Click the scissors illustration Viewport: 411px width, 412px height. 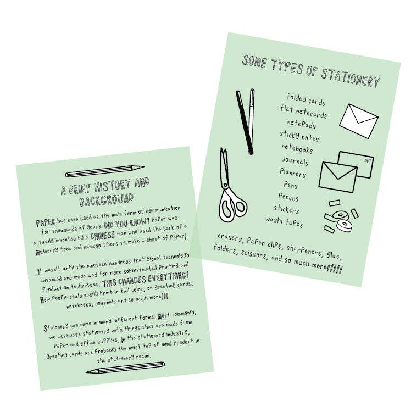[231, 187]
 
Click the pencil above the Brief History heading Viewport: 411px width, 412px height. [104, 171]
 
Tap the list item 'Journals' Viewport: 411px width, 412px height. [295, 161]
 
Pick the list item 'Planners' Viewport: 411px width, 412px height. [292, 173]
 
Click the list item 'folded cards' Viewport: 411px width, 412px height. [306, 101]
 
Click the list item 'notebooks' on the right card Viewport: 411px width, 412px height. [297, 148]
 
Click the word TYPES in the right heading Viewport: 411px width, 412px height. [285, 69]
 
